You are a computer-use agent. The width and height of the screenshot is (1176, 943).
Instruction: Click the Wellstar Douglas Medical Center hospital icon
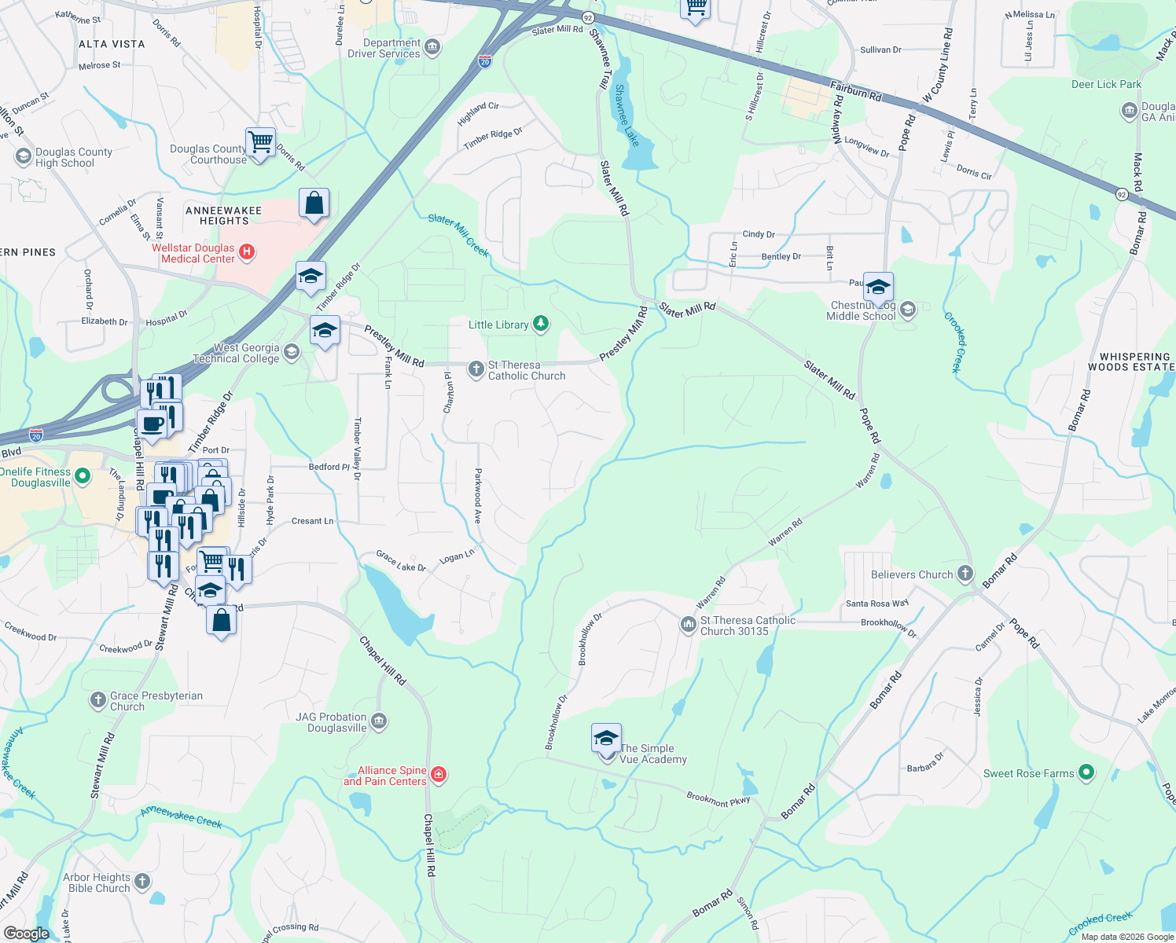click(247, 252)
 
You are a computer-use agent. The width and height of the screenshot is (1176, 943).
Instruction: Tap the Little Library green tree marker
click(540, 324)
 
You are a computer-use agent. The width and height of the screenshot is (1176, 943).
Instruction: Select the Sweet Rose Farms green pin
click(1086, 773)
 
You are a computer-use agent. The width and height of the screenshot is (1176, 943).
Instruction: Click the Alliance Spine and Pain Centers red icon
click(439, 775)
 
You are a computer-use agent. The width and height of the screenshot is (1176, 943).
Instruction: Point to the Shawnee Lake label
click(627, 116)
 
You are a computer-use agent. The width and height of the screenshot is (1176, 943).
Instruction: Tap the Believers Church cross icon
click(965, 574)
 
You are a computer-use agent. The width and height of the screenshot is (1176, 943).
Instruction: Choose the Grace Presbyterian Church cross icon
click(98, 700)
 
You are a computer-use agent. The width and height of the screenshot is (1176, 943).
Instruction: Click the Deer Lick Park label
click(1106, 84)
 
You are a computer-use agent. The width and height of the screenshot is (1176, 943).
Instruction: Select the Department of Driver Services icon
click(432, 49)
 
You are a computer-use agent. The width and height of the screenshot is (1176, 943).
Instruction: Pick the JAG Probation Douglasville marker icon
click(379, 721)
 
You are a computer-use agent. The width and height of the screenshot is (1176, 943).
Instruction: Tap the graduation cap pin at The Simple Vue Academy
click(606, 739)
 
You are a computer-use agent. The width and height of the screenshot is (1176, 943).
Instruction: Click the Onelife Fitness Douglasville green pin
click(83, 476)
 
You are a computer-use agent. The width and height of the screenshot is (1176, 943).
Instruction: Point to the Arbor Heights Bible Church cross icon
click(142, 882)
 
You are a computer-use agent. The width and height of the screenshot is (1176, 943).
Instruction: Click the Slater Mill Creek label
click(458, 235)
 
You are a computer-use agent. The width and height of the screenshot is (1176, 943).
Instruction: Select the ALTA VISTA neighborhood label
click(112, 44)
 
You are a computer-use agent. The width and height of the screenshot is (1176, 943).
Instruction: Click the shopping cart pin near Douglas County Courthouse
click(260, 143)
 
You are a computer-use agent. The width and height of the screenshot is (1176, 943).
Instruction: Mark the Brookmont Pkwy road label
click(718, 799)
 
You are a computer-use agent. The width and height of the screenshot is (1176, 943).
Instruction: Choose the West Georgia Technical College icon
click(292, 352)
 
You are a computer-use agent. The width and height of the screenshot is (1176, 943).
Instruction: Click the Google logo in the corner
click(26, 933)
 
